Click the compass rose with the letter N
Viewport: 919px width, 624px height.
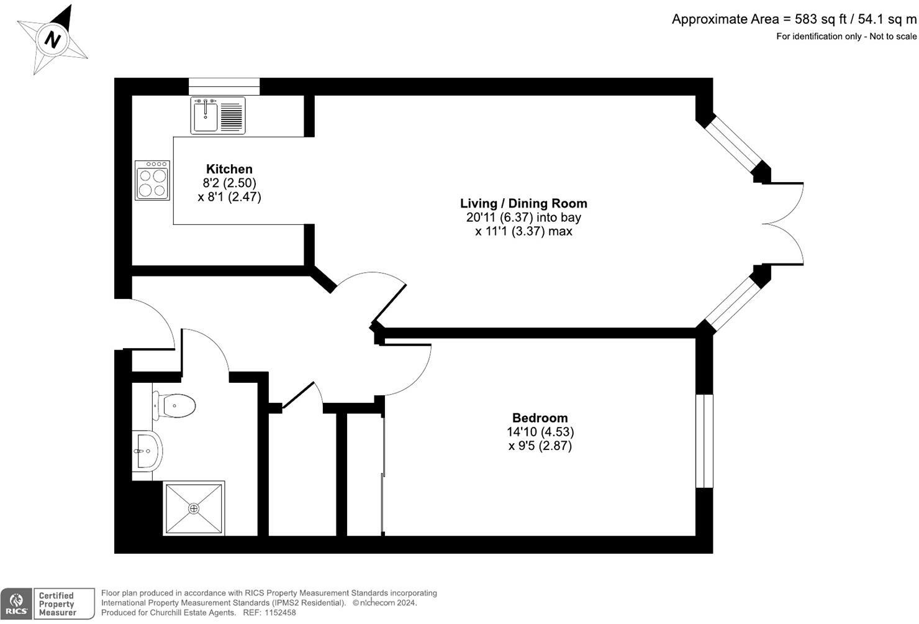tap(52, 40)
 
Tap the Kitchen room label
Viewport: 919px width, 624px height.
tap(229, 169)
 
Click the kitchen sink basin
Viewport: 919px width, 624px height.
tap(205, 116)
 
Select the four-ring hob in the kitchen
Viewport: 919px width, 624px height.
tap(152, 181)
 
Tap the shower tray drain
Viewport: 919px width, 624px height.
tap(194, 508)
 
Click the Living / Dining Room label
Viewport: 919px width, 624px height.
tap(523, 203)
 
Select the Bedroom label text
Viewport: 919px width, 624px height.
tap(540, 418)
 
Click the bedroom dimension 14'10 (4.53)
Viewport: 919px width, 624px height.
tap(540, 432)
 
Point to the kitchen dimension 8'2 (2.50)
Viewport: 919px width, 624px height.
tap(229, 183)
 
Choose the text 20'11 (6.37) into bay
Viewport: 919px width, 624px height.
tap(523, 218)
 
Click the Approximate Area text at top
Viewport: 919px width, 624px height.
tap(794, 19)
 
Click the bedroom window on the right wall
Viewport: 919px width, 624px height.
tap(704, 441)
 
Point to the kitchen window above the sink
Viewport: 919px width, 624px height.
tap(224, 86)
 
